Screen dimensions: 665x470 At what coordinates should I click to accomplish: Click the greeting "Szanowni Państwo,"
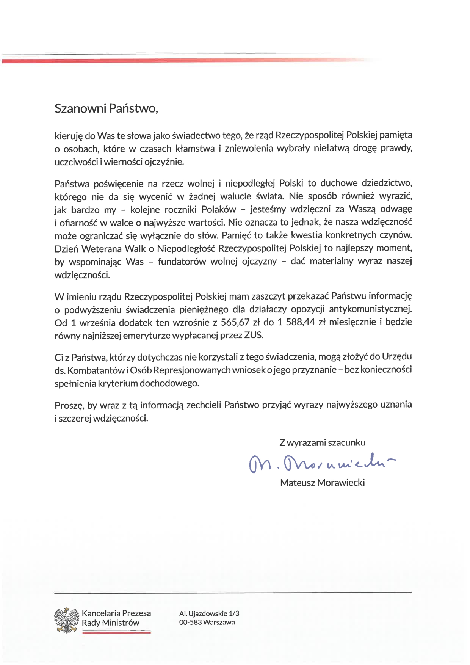coord(106,109)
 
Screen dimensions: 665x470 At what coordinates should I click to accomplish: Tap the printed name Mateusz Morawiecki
coord(322,483)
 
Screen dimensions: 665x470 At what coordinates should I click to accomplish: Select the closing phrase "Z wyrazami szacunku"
coord(322,442)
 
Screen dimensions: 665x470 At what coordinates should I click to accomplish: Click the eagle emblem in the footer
coord(67,620)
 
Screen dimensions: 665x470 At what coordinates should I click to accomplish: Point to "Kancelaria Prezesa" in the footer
coord(116,613)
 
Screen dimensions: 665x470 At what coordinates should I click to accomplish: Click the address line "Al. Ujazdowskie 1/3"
coord(209,613)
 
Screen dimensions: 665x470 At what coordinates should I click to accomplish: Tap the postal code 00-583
coord(190,622)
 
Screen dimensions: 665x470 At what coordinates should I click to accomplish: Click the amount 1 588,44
coord(296,323)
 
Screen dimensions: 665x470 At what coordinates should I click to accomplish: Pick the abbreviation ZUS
coord(253,336)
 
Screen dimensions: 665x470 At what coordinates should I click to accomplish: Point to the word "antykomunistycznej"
coord(370,309)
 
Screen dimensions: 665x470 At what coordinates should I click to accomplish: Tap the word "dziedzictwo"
coord(387,183)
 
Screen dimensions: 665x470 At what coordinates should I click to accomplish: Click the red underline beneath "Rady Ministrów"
coord(116,632)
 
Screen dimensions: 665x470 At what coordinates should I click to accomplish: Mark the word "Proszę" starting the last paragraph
coord(69,405)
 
